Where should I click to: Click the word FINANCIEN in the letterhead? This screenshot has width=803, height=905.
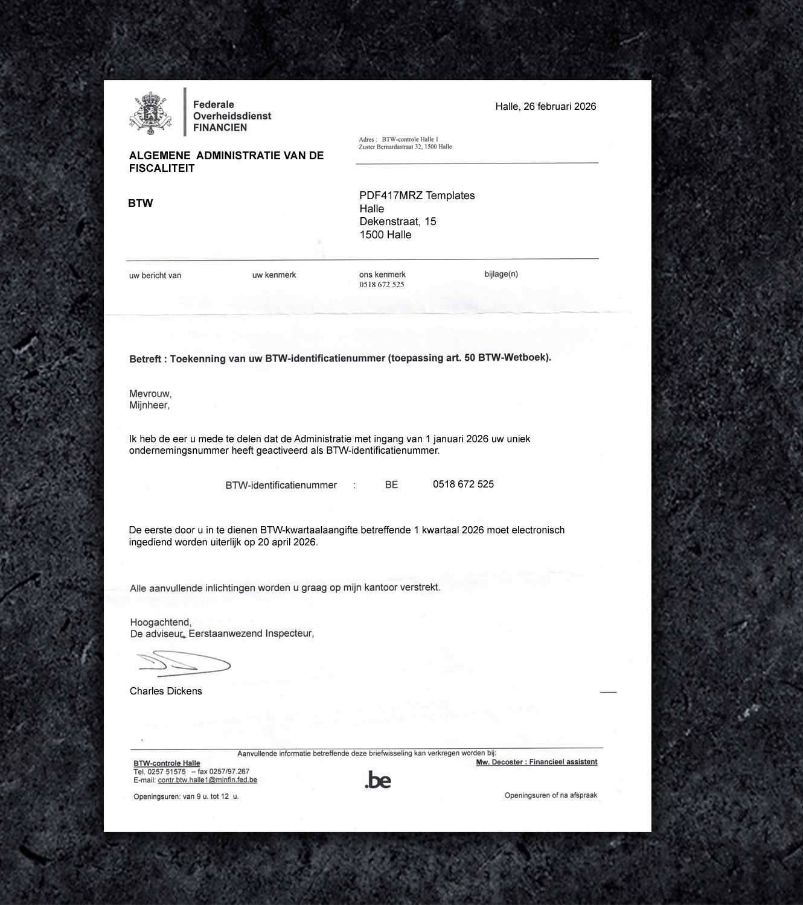[x=220, y=127]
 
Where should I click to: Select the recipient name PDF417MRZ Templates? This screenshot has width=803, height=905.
[x=417, y=195]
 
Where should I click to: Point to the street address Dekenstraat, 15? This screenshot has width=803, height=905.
[x=397, y=221]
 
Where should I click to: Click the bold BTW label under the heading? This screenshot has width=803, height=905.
[x=141, y=203]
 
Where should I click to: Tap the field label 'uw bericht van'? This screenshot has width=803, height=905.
[x=155, y=276]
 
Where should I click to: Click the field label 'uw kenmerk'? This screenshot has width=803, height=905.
[x=274, y=275]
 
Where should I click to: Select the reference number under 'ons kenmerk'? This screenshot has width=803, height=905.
[x=382, y=285]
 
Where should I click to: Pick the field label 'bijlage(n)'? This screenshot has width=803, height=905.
[x=501, y=274]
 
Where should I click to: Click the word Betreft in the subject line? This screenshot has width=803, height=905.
[x=145, y=359]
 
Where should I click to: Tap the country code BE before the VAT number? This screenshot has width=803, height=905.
[x=391, y=484]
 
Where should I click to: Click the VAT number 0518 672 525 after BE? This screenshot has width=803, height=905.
[x=463, y=484]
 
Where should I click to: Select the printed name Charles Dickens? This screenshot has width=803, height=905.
[x=165, y=691]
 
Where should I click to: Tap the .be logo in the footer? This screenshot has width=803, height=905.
[x=378, y=780]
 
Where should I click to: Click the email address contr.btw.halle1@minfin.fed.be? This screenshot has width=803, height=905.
[x=207, y=780]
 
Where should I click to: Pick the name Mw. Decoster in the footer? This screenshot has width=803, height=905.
[x=499, y=762]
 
